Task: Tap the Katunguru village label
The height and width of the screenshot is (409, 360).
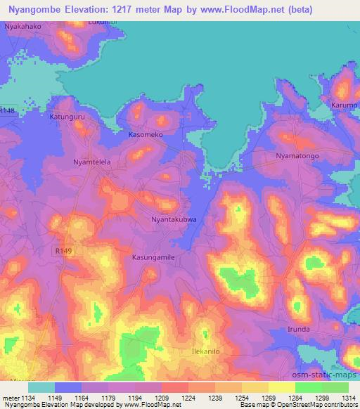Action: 67,116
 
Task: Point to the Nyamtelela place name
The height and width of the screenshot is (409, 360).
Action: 93,162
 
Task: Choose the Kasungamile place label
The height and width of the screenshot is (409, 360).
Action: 153,257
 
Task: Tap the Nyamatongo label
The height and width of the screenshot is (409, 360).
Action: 298,155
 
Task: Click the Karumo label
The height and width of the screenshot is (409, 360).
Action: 345,105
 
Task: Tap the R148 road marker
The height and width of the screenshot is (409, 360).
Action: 7,110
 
